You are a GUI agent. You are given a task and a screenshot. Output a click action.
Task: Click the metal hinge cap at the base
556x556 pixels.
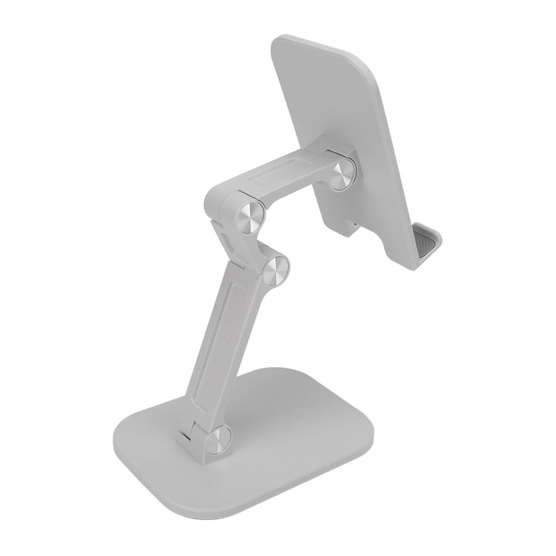click(219, 439)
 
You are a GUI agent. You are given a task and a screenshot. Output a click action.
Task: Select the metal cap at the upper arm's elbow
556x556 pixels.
click(250, 216)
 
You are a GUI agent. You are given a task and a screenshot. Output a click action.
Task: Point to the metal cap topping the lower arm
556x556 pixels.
click(276, 269)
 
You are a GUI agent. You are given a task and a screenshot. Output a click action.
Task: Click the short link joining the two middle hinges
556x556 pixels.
click(255, 244)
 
